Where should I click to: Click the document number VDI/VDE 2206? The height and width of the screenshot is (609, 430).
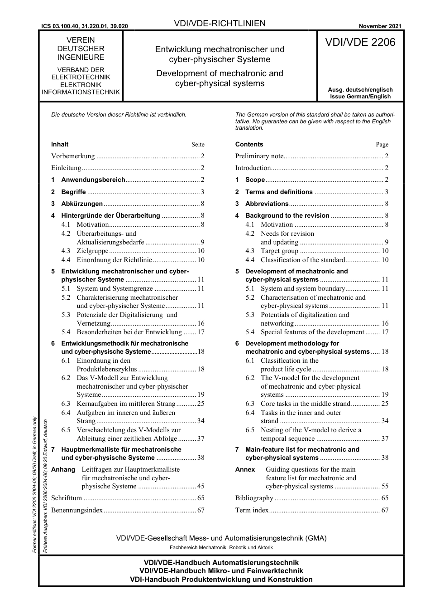coord(360,43)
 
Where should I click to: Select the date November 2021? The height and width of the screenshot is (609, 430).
coord(380,26)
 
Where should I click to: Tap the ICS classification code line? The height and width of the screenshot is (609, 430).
coord(84,26)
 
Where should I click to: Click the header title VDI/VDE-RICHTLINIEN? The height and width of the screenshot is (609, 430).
coord(220,24)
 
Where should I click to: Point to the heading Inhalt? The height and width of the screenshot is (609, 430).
coord(60,145)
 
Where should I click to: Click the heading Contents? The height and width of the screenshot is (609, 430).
coord(249,145)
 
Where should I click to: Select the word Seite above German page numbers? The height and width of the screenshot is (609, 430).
coord(198,145)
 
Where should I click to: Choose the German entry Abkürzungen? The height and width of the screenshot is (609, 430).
coord(82,204)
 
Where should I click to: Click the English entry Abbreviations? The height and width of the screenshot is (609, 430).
coord(267,204)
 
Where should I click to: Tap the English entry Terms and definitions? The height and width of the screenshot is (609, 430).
coord(279,192)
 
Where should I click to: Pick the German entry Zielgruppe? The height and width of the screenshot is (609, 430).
coord(92,251)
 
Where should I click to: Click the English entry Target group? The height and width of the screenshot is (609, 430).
coord(279,251)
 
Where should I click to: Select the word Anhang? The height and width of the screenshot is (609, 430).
coord(63,470)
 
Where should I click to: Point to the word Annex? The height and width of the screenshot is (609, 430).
coord(245,470)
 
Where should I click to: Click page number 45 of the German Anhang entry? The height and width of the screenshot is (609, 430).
coord(201,487)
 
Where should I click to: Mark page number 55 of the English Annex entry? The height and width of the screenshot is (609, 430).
coord(385,487)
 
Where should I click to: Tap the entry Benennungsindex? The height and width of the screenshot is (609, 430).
coord(77,511)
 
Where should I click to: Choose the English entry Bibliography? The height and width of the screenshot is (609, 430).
coord(254,498)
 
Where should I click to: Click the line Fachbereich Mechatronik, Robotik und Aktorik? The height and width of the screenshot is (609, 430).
coord(221,548)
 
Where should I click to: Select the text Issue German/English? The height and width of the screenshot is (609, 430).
coord(360,97)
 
